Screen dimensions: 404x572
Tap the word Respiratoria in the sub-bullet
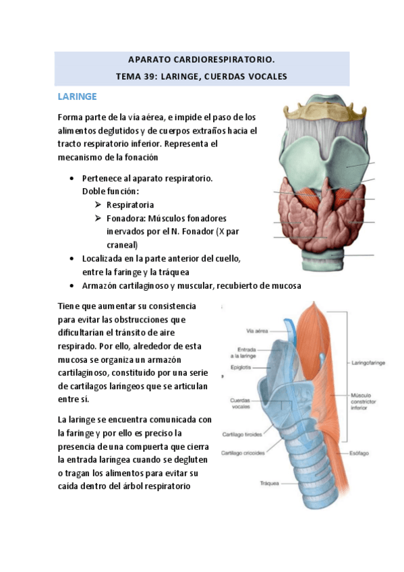[130, 204]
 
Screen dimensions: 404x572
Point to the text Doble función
[111, 192]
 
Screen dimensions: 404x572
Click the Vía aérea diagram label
[258, 331]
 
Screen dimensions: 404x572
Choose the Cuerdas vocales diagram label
[241, 403]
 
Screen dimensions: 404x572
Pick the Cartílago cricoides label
[243, 453]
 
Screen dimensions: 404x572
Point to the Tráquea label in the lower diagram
[270, 483]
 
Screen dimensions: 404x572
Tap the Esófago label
[359, 452]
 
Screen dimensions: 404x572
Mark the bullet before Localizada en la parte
[72, 258]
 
